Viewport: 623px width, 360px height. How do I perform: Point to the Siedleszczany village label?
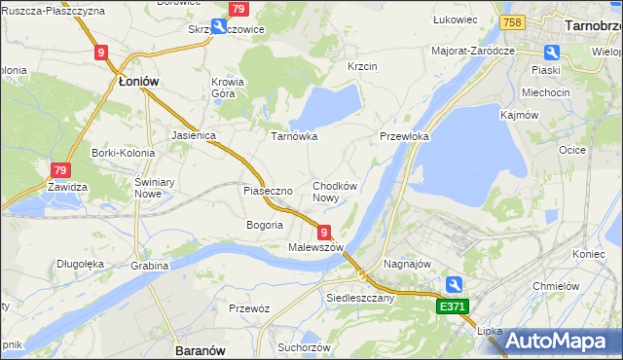(360, 298)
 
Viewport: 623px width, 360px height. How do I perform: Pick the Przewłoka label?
(404, 137)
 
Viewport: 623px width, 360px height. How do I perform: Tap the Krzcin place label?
(363, 66)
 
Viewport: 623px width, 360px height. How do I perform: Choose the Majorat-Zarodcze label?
(472, 50)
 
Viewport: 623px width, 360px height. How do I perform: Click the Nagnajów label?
(407, 263)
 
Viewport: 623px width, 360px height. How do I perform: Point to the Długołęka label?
(80, 262)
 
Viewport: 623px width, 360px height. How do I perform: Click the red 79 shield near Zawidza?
(60, 169)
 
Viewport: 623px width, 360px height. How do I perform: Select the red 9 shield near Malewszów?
(323, 232)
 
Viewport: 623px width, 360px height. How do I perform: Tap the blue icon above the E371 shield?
(454, 284)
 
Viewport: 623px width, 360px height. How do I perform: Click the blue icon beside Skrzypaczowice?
(220, 27)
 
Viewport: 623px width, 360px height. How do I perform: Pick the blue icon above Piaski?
(552, 54)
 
